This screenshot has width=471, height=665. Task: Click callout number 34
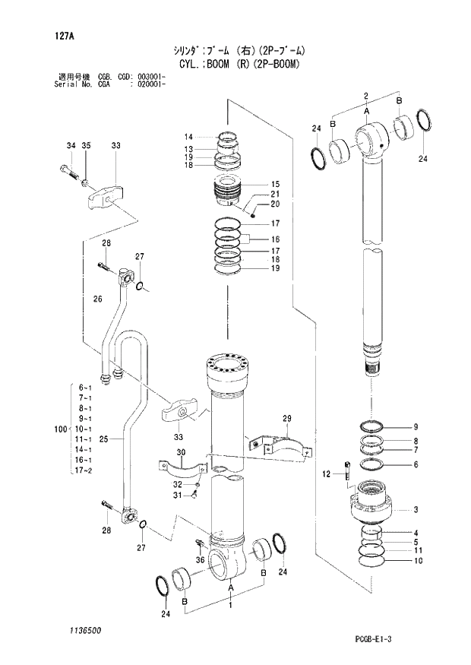click(71, 145)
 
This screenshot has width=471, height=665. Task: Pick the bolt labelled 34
click(69, 171)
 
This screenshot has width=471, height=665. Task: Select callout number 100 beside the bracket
click(61, 430)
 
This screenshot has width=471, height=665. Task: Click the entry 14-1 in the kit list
click(85, 450)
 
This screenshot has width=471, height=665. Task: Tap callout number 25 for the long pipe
click(104, 439)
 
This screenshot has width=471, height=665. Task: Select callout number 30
click(180, 453)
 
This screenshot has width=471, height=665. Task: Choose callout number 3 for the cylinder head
click(416, 509)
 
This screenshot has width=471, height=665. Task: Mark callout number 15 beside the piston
click(275, 185)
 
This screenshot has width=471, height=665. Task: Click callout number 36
click(201, 561)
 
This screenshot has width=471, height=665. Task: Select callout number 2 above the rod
click(365, 95)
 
